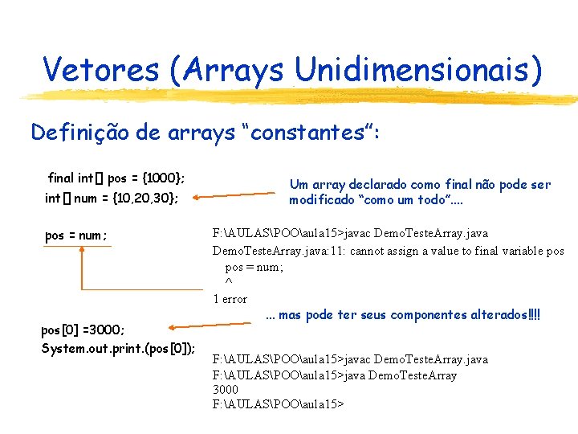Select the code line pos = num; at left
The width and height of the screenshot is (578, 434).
pos(76,235)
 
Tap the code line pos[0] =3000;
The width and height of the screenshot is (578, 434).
pos(83,330)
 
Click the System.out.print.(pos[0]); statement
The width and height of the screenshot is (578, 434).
pos(118,348)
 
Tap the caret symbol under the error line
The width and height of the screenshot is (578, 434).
pos(229,283)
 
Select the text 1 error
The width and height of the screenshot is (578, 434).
pos(230,299)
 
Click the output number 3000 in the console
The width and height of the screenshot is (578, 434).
pos(226,390)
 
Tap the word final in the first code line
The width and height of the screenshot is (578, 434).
pos(62,178)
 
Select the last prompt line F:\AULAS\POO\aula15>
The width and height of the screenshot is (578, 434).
pos(278,404)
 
